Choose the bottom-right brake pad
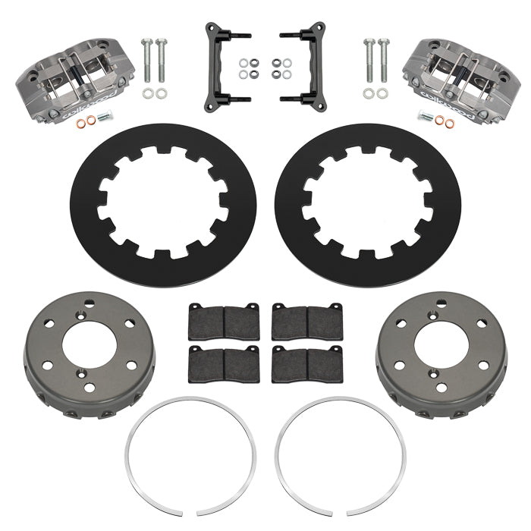[307, 360]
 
